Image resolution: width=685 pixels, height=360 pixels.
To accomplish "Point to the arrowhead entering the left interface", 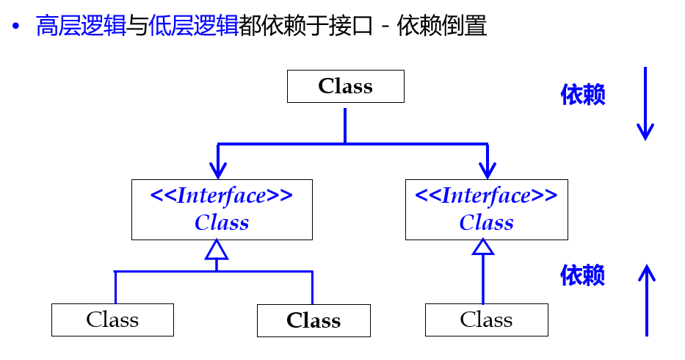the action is tap(218, 170).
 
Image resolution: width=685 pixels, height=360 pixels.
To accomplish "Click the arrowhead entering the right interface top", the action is tap(488, 170).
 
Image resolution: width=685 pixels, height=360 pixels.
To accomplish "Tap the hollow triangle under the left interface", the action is tap(217, 250).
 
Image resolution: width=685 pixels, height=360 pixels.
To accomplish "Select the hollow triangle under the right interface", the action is tap(483, 247).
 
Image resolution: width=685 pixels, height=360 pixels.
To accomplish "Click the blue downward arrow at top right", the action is tap(645, 104).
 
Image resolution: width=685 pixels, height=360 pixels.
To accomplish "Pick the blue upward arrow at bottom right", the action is tap(647, 300).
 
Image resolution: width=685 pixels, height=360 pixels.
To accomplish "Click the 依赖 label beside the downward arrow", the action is tap(583, 95).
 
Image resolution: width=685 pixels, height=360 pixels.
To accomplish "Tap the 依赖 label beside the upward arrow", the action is tap(583, 275).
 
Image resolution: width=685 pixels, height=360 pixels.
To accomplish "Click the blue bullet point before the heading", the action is tap(16, 26).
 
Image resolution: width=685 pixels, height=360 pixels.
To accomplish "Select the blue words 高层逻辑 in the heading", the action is tap(81, 26).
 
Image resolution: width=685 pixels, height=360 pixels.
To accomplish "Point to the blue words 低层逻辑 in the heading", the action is tap(194, 26).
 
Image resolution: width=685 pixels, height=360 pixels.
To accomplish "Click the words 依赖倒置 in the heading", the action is tap(442, 26).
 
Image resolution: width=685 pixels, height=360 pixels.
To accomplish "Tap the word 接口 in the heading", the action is tap(351, 26).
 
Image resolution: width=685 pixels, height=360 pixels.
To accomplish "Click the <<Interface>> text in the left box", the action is tap(222, 196).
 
